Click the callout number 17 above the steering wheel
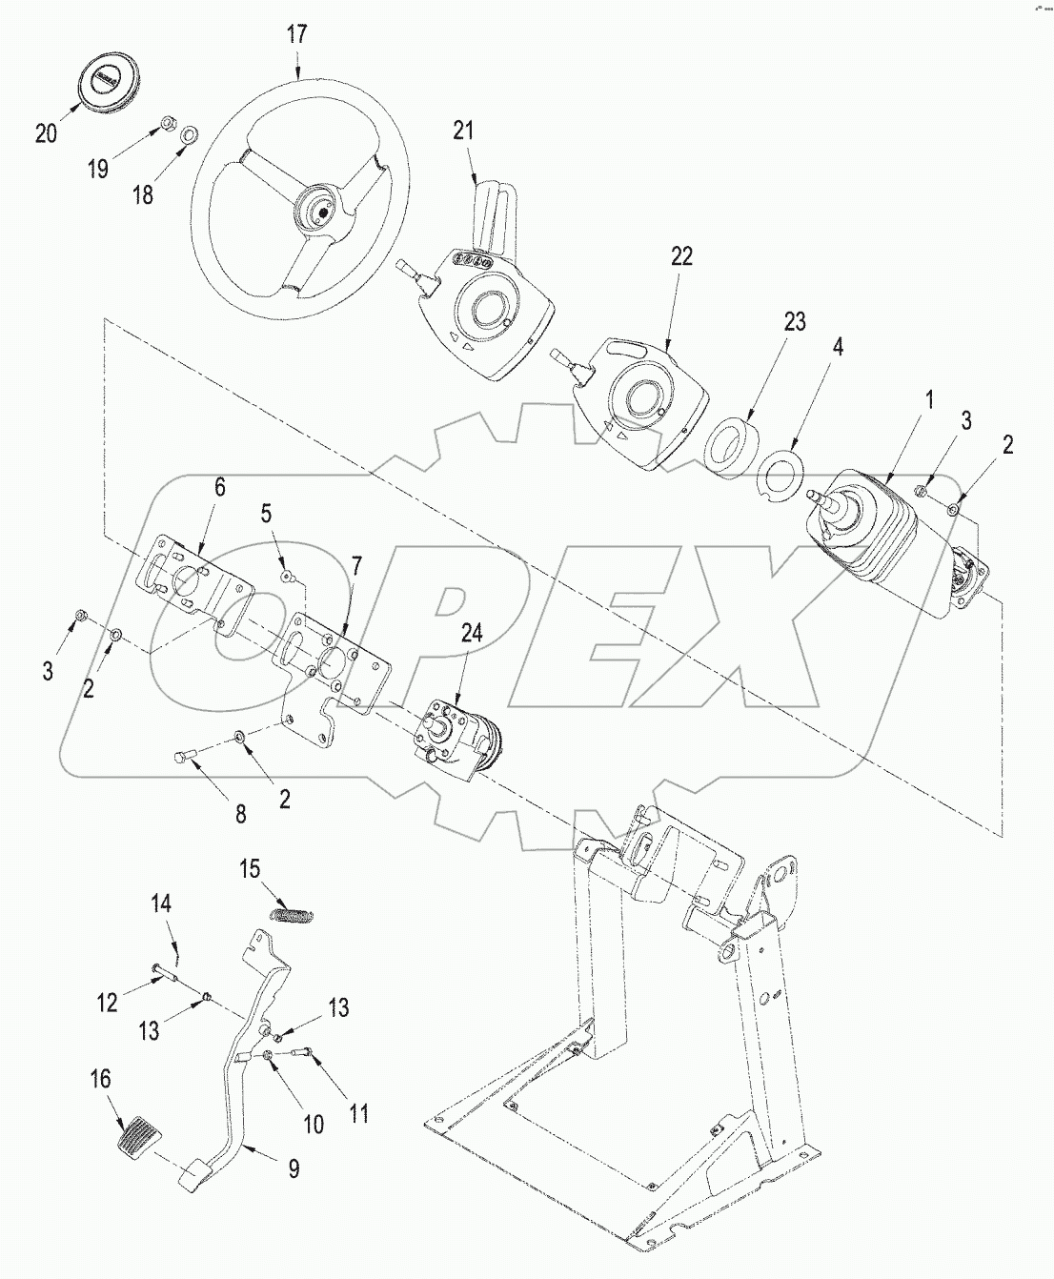(297, 35)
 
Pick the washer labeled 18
(190, 134)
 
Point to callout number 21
(463, 131)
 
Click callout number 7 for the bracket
(355, 566)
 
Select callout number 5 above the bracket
(267, 514)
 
